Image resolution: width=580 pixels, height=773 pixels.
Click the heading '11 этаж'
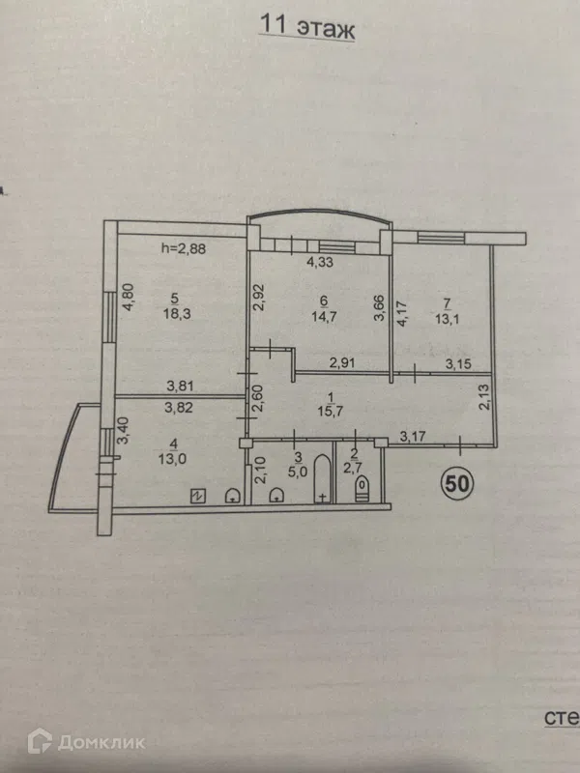pos(306,26)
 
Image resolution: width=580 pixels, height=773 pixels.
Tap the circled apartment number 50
pos(456,484)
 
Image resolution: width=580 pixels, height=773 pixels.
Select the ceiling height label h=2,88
pos(184,248)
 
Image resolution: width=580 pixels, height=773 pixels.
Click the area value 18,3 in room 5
pos(177,314)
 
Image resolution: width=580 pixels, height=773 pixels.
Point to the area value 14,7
pos(324,317)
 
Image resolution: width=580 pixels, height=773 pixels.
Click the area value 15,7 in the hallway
pos(331,412)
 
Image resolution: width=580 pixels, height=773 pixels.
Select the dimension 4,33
pos(320,262)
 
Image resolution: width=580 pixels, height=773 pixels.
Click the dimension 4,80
pos(129,297)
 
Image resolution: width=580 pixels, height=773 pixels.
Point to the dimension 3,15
pos(458,364)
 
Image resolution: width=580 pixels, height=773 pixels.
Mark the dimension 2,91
pos(343,364)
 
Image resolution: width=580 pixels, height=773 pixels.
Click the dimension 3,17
pos(413,436)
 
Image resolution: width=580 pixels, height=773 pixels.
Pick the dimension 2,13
pos(485,397)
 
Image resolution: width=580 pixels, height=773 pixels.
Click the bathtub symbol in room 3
pos(322,478)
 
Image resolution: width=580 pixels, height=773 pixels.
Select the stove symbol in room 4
pos(198,496)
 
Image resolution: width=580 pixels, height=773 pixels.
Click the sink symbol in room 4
pos(232,496)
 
